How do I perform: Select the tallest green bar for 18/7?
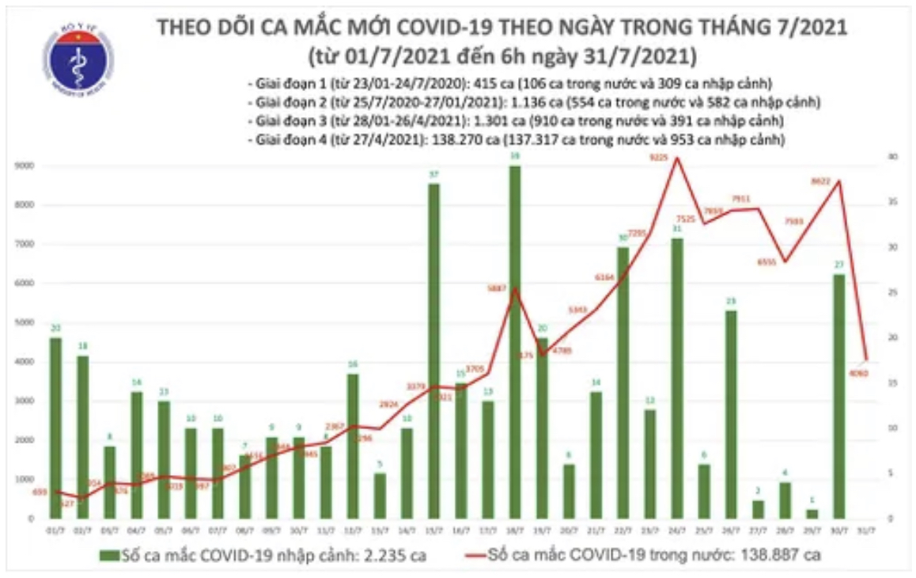[x=515, y=340]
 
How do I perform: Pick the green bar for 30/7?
[x=838, y=396]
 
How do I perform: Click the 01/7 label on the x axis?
[x=55, y=530]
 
